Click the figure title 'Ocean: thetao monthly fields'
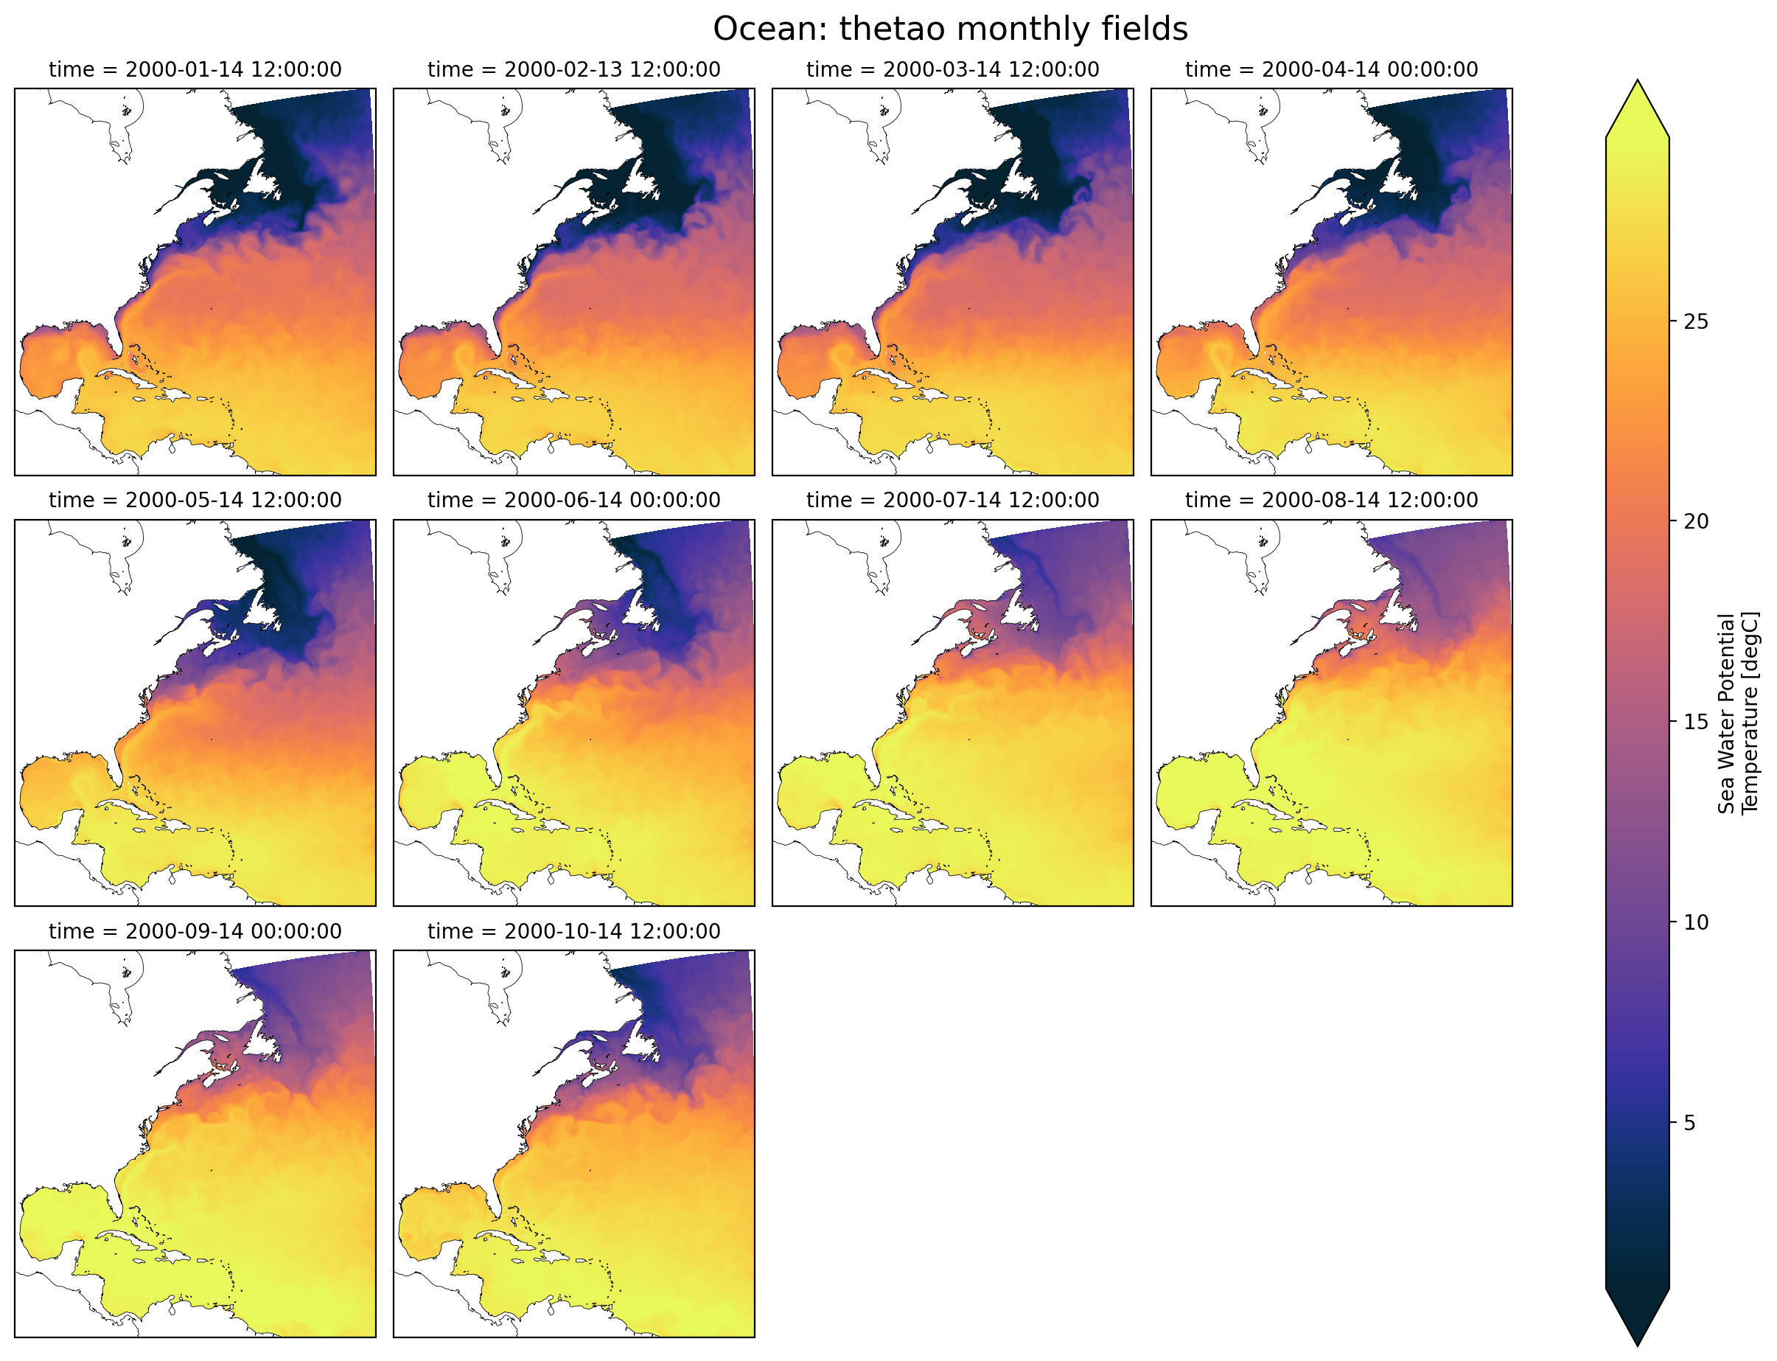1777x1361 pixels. pyautogui.click(x=949, y=29)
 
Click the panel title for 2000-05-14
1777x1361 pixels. pyautogui.click(x=195, y=501)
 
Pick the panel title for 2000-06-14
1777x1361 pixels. pyautogui.click(x=573, y=501)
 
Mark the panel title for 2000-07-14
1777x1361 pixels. pyautogui.click(x=952, y=501)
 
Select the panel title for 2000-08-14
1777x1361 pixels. pyautogui.click(x=1331, y=501)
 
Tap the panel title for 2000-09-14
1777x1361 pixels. pyautogui.click(x=195, y=932)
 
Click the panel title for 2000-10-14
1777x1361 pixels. pyautogui.click(x=573, y=932)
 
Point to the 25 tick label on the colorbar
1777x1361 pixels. pyautogui.click(x=1695, y=322)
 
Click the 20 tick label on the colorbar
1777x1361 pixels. pyautogui.click(x=1695, y=522)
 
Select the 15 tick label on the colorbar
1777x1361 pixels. pyautogui.click(x=1695, y=723)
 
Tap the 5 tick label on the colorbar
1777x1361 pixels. pyautogui.click(x=1689, y=1124)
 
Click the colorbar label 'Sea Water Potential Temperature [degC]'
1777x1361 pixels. pyautogui.click(x=1737, y=713)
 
